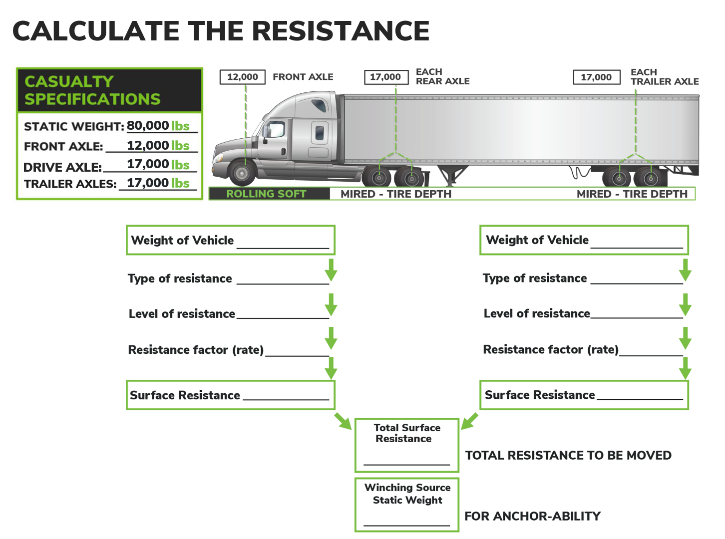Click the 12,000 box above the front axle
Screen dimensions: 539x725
(x=242, y=77)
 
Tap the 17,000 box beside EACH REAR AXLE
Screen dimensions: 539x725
(x=385, y=77)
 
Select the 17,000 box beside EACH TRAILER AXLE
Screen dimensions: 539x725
(x=596, y=77)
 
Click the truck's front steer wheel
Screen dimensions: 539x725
(x=242, y=173)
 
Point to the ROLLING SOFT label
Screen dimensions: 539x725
(x=266, y=194)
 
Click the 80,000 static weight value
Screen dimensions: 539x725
(x=148, y=126)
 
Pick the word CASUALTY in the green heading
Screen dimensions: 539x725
(x=69, y=81)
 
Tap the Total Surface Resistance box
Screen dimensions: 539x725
(x=406, y=445)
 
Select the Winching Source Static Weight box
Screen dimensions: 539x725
(x=406, y=505)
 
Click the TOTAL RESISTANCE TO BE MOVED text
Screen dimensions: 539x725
(x=568, y=455)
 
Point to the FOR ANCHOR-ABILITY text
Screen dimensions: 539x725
(x=532, y=516)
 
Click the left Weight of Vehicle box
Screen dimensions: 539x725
(x=230, y=240)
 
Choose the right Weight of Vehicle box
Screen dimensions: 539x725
(x=584, y=240)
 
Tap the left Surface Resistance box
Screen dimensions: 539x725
(x=230, y=395)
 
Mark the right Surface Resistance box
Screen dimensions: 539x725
(x=584, y=395)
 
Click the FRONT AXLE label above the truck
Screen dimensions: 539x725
(x=303, y=77)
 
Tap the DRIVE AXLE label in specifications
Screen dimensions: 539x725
(x=62, y=167)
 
